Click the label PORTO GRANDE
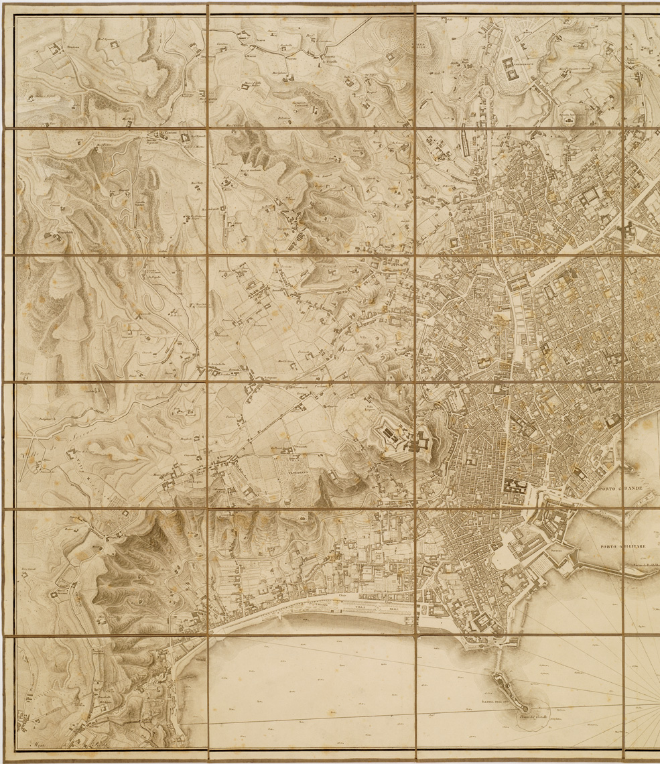[x=621, y=489]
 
